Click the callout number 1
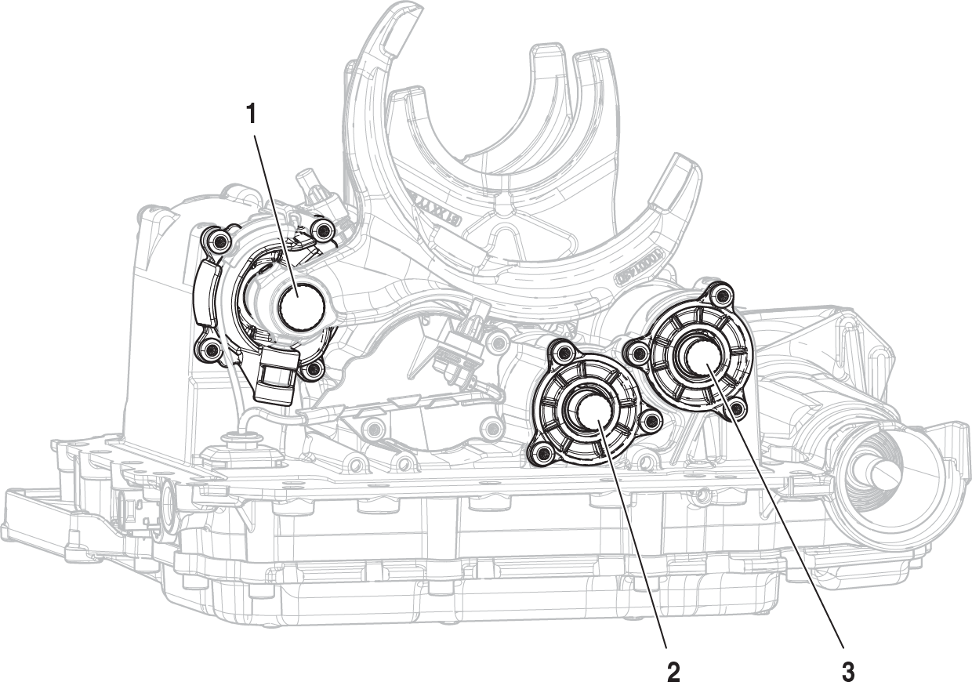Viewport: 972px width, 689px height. click(x=251, y=114)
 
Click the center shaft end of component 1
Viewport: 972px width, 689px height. click(x=301, y=306)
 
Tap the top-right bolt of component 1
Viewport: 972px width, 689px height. click(x=320, y=230)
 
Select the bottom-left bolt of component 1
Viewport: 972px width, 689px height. click(x=208, y=350)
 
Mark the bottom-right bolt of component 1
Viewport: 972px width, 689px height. click(x=314, y=367)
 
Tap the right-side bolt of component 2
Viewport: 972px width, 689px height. click(x=648, y=422)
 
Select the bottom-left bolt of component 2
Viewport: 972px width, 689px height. click(x=539, y=450)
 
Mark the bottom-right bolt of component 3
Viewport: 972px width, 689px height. click(x=737, y=408)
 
